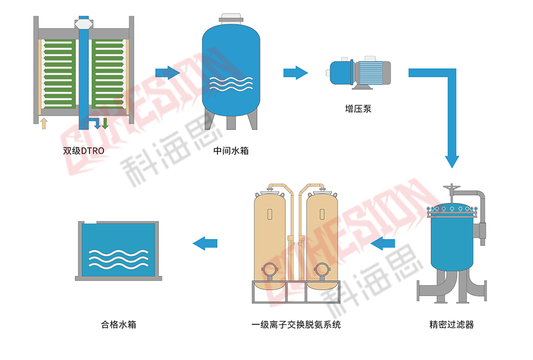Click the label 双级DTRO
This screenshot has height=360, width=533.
pos(84,151)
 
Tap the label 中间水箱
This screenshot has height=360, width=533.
pos(231,151)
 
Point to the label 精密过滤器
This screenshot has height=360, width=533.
pos(451,324)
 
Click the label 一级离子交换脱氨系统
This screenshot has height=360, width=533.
pos(296,324)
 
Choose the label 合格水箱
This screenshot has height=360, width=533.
pos(118,324)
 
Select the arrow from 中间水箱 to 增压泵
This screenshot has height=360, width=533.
pos(295,72)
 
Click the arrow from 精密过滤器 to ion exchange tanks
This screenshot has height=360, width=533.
pos(383,244)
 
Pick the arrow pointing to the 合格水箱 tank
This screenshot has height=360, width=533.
pos(205,244)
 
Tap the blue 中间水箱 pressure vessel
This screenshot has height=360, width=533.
pos(231,69)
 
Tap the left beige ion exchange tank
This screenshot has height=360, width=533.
pos(269,240)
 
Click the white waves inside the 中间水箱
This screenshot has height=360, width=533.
pos(231,84)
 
